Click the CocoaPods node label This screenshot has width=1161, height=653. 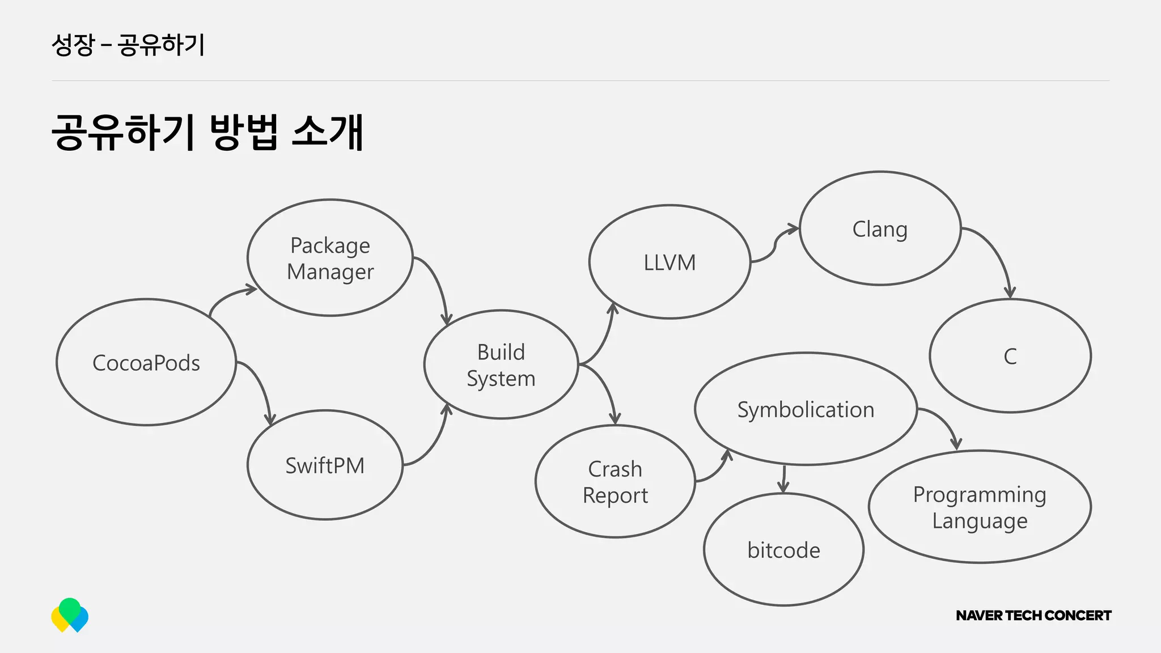click(146, 363)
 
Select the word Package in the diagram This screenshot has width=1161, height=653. click(330, 246)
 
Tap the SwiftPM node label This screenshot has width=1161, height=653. click(325, 465)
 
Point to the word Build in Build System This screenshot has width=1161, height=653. click(501, 352)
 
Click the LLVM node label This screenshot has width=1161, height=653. click(670, 263)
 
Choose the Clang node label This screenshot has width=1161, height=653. click(880, 230)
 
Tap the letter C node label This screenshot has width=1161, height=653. click(1010, 357)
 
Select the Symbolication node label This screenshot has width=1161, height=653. click(806, 409)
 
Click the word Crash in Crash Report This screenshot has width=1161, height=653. click(615, 469)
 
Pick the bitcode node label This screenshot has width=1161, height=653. click(783, 550)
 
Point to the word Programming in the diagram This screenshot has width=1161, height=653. click(980, 495)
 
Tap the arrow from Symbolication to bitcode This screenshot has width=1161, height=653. click(784, 479)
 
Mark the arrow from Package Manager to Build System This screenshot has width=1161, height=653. click(437, 283)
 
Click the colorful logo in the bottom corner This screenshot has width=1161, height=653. click(70, 615)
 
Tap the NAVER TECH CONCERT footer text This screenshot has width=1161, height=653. click(1033, 616)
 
